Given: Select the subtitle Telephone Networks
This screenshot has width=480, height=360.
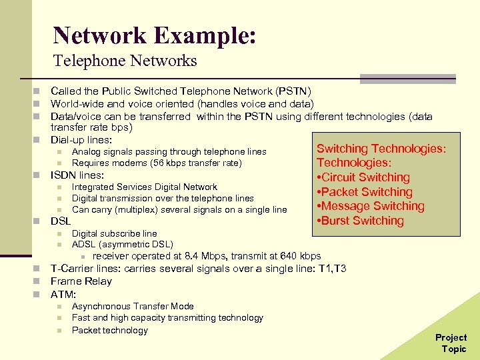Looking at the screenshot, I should (125, 61).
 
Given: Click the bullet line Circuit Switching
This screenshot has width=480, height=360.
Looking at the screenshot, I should (363, 177).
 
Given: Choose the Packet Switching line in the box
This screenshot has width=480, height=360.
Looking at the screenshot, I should (365, 192).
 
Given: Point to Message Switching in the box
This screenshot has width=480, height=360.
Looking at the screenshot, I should (371, 206).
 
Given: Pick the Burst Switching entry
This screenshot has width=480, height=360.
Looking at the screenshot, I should (361, 221).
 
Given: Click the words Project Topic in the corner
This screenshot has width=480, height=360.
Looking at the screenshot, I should (451, 343).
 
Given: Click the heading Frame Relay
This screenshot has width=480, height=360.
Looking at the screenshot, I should (81, 281).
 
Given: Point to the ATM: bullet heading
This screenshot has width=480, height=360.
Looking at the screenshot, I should (64, 293).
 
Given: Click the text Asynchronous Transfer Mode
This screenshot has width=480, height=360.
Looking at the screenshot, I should (133, 306).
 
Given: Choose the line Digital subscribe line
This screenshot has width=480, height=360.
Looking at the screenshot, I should (115, 233).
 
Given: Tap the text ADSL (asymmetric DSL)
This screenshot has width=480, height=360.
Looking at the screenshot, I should (123, 244).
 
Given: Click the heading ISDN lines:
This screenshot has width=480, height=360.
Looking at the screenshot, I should (77, 175).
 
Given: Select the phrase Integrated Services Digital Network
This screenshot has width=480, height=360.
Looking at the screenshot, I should (145, 187).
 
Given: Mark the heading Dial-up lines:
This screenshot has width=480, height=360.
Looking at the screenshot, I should (81, 140).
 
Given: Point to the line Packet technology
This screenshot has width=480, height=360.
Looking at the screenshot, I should (110, 330).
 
